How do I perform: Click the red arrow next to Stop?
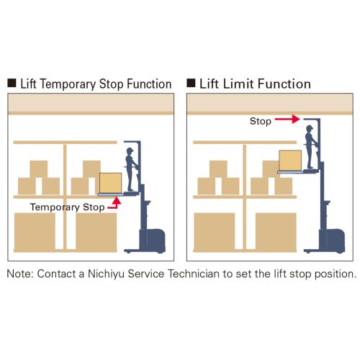287,119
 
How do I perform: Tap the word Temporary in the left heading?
68,84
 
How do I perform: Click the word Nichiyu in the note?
106,274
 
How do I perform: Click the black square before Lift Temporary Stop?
12,83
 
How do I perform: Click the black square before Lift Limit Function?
191,83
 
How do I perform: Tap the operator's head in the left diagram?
130,151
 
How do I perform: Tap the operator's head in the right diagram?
310,129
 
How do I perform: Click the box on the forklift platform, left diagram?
111,183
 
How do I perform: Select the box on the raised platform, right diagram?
290,161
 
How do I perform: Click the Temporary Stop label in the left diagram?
68,207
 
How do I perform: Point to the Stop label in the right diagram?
261,121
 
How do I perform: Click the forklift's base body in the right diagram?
332,240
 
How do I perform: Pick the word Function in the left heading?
149,84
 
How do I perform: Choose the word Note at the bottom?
20,274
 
